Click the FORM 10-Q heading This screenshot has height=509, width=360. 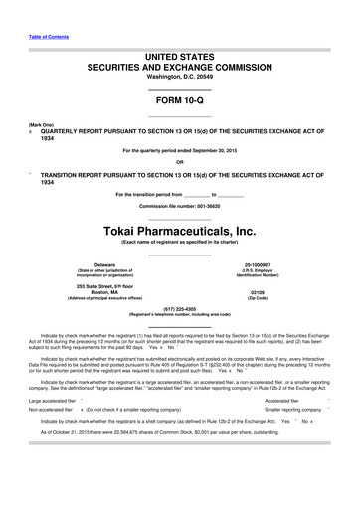coord(179,102)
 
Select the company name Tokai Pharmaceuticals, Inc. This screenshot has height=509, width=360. coord(179,231)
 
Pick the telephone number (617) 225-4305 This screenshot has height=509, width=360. coord(179,308)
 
